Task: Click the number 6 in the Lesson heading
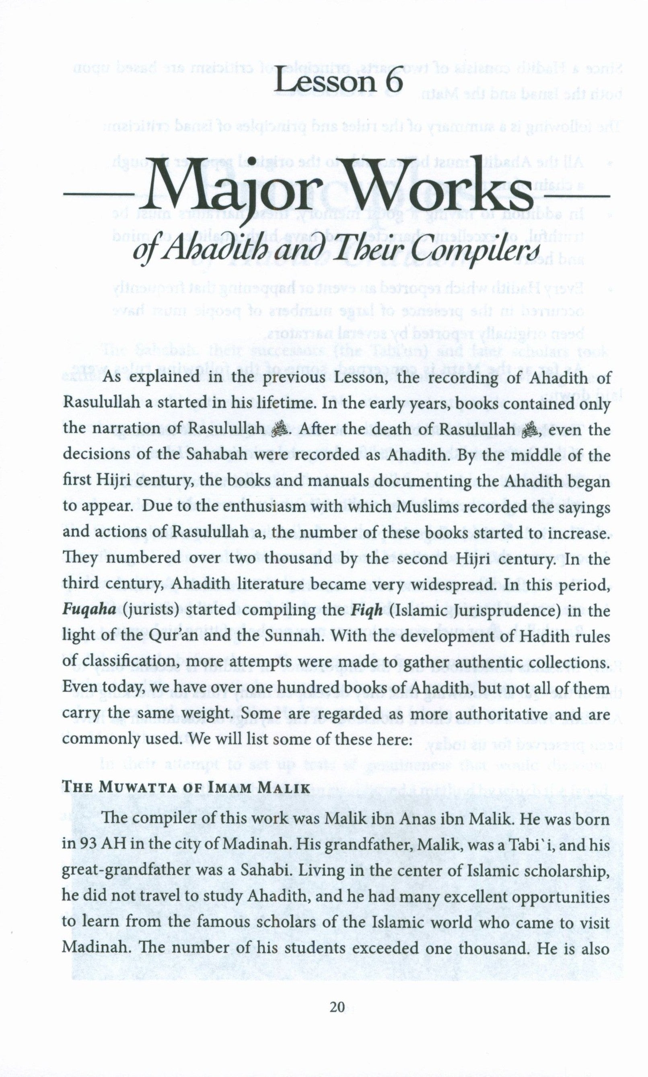click(389, 80)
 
